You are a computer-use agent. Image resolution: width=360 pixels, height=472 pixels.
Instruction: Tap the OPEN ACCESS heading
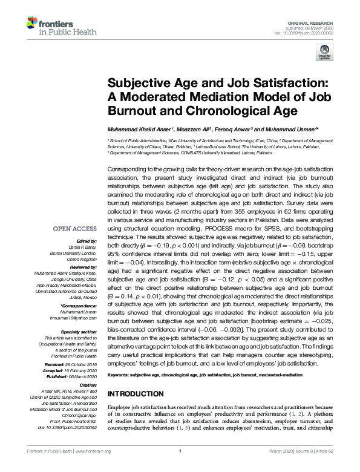pos(75,229)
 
